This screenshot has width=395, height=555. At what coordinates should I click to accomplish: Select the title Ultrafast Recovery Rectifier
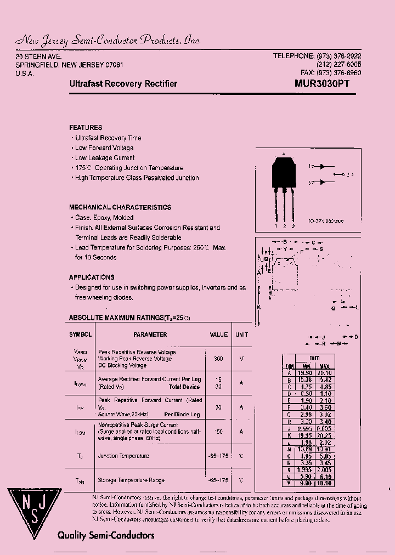coord(123,84)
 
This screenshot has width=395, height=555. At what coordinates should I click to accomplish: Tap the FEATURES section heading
coord(86,127)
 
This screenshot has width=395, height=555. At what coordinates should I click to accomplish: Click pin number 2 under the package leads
coord(285,226)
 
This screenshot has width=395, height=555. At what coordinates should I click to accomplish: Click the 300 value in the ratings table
coord(218,358)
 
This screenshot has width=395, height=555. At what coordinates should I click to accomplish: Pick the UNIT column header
coord(241,335)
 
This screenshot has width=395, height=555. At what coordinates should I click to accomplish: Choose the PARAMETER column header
coord(150,335)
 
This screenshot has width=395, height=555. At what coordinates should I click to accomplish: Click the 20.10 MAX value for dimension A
coord(324,372)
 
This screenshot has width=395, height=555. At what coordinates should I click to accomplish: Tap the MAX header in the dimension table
coord(324,366)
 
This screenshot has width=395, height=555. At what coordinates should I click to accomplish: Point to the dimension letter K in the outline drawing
coord(259,308)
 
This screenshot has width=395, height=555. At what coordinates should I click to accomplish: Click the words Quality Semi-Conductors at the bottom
coord(106,535)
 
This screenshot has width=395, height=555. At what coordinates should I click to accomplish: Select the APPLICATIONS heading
coord(92,277)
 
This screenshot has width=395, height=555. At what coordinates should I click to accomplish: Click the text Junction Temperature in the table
coord(123,456)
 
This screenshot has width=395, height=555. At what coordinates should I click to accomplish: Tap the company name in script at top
coord(108,41)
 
